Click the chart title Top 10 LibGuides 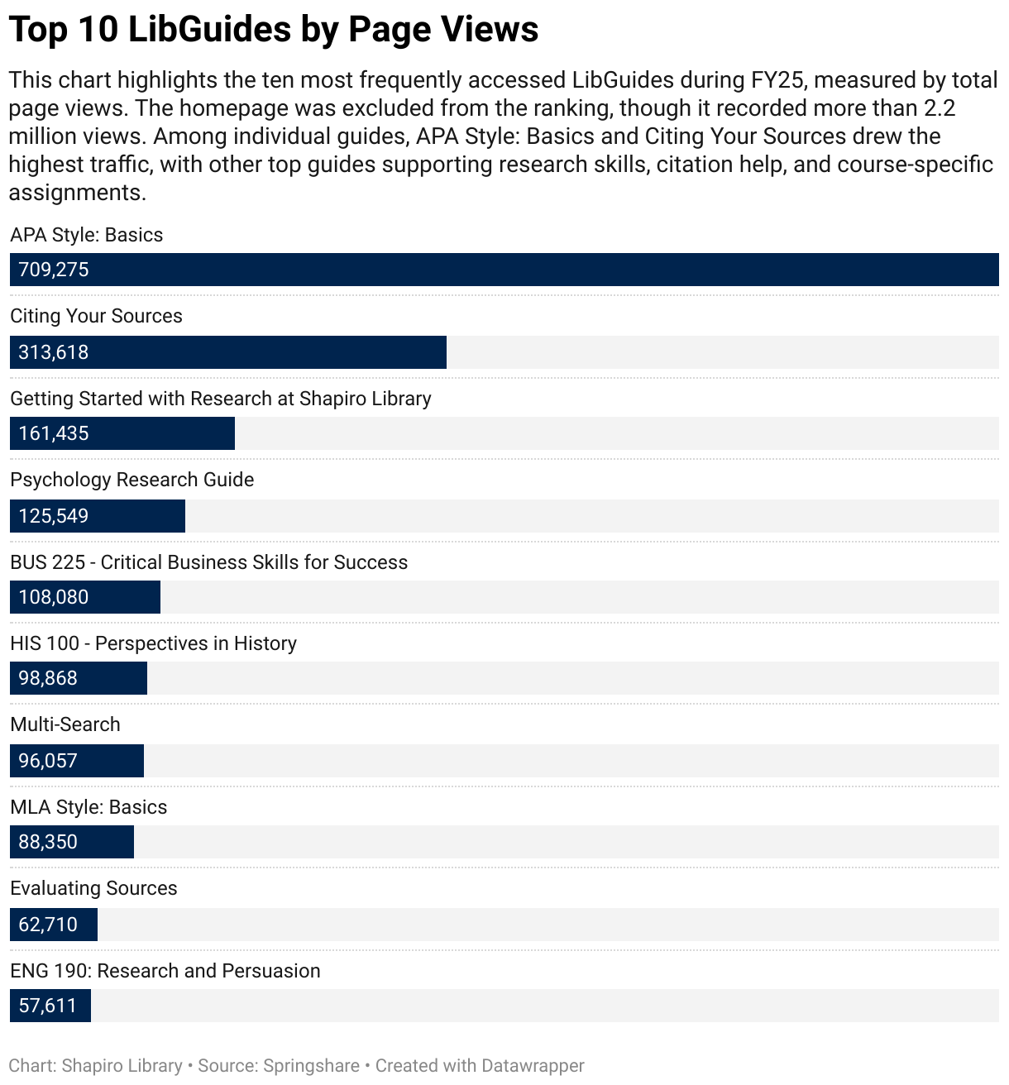[273, 30]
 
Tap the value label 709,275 [54, 270]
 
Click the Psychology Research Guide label [132, 480]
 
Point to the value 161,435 [54, 433]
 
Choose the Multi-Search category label [65, 724]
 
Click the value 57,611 [47, 1006]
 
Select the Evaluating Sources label [93, 888]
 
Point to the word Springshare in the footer [312, 1066]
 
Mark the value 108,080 [54, 597]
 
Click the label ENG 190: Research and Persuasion [165, 971]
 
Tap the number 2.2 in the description [940, 108]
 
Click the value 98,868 [48, 678]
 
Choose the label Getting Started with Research [221, 399]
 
